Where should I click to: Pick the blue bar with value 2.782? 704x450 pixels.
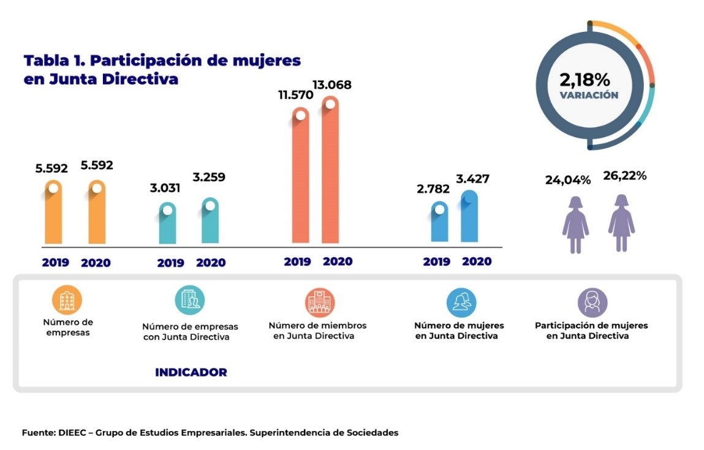(x=439, y=223)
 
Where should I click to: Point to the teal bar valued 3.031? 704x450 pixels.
(x=167, y=225)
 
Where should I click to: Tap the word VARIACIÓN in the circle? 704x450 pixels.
(x=589, y=96)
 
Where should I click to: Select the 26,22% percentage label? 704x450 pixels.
(x=624, y=176)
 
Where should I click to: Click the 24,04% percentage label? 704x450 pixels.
(x=568, y=180)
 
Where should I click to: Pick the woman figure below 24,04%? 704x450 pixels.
(x=575, y=224)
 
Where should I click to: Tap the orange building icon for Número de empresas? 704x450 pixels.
(x=67, y=300)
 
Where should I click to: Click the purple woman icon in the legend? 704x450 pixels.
(x=592, y=302)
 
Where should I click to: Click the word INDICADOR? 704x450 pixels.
(x=191, y=372)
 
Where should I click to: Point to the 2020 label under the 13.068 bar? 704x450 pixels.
(x=338, y=261)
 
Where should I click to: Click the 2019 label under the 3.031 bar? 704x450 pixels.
(x=170, y=263)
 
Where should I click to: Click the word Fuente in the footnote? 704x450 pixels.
(x=38, y=433)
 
